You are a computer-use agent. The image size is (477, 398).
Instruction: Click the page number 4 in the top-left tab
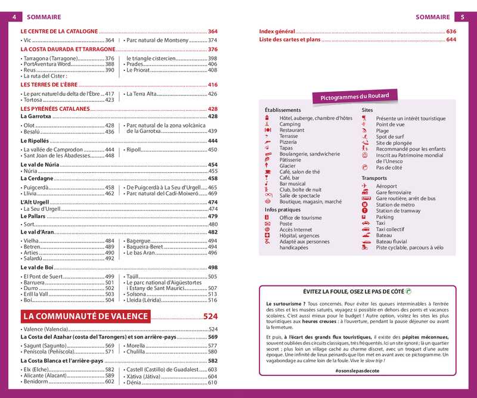13,17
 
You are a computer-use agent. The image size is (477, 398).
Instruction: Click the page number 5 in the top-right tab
462,17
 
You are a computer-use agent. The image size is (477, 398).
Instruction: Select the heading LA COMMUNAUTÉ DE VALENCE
110,316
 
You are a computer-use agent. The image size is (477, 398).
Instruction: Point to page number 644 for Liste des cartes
451,39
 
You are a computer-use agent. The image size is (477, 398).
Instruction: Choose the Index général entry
277,31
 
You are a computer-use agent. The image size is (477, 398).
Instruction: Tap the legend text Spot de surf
394,136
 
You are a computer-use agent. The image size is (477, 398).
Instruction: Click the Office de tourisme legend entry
301,218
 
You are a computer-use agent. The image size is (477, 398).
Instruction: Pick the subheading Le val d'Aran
37,232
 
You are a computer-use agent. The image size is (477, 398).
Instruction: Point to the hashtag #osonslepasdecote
357,371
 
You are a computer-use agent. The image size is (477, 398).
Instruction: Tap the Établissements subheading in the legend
283,110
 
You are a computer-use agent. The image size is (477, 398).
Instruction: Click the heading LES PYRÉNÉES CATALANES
55,109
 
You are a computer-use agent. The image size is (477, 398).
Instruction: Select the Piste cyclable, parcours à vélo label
410,247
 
